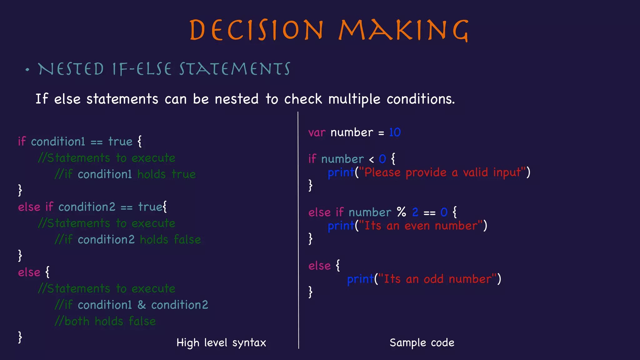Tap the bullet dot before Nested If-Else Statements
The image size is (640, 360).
pyautogui.click(x=27, y=70)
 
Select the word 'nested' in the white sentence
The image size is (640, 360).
pyautogui.click(x=237, y=99)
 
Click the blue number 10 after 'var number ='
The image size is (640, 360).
pyautogui.click(x=395, y=132)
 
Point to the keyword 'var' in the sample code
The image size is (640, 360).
pyautogui.click(x=317, y=133)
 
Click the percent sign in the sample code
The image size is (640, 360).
pyautogui.click(x=402, y=212)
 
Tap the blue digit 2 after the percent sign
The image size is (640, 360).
pyautogui.click(x=415, y=212)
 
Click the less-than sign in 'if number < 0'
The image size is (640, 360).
pyautogui.click(x=371, y=160)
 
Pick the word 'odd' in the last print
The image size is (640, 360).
pyautogui.click(x=433, y=279)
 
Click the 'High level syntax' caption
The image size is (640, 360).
pyautogui.click(x=221, y=343)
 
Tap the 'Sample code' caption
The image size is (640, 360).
pyautogui.click(x=422, y=343)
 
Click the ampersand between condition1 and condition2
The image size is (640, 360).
pyautogui.click(x=142, y=305)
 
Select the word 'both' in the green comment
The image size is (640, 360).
pyautogui.click(x=77, y=321)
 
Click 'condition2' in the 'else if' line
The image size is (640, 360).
pyautogui.click(x=87, y=207)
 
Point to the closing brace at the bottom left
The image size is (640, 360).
pyautogui.click(x=20, y=337)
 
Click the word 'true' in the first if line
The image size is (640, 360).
pyautogui.click(x=120, y=142)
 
